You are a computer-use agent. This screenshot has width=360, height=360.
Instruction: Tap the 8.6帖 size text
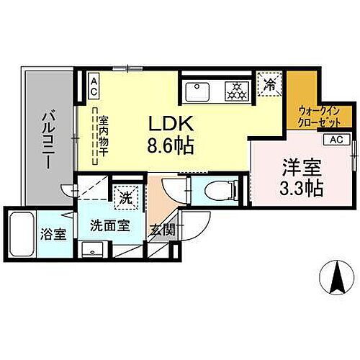(171, 145)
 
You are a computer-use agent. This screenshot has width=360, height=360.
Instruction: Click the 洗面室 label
(109, 225)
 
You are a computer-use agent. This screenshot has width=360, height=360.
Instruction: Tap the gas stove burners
(235, 91)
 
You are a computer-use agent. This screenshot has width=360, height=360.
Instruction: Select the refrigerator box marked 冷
(268, 84)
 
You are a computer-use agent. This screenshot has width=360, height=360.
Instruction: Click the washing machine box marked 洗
(124, 196)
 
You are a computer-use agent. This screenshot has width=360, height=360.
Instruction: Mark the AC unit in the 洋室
(336, 140)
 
